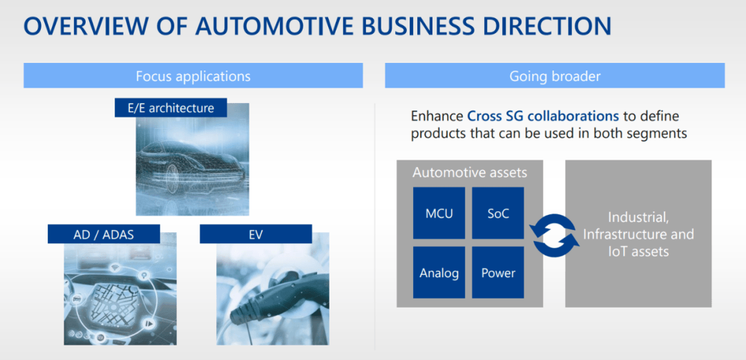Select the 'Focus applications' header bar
pos(193,76)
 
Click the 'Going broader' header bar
pos(555,76)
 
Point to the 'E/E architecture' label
pos(171,108)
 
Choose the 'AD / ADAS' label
pos(104,234)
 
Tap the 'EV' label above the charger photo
pos(256,234)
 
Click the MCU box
pos(439,213)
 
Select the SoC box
pos(498,213)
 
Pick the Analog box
pos(439,272)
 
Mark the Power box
pos(498,272)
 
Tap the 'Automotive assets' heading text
pos(470,172)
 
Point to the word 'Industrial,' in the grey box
pos(639,218)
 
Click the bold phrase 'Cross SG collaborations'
pos(544,116)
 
